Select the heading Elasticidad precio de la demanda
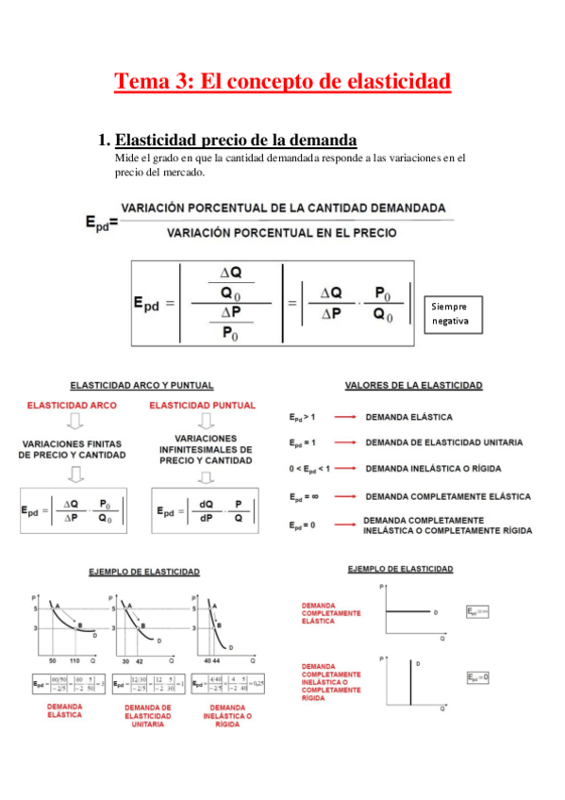tap(236, 140)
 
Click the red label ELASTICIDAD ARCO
tap(71, 405)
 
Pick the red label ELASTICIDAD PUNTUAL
tap(203, 405)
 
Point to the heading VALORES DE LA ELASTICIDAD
tap(414, 385)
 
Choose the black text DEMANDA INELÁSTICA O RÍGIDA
tap(433, 468)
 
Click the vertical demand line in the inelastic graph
tap(410, 679)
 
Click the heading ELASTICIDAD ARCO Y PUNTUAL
tap(141, 385)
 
